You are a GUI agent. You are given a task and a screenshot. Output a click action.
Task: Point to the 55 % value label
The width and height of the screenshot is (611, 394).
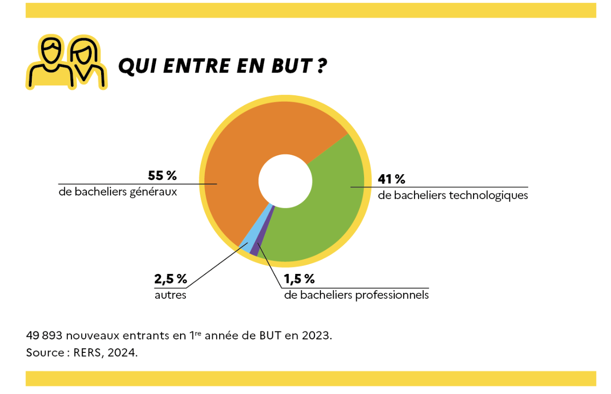pos(162,176)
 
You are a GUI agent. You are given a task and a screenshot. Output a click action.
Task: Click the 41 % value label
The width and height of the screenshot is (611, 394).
pos(391,180)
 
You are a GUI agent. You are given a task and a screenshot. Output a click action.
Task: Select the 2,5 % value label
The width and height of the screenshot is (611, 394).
pos(171,279)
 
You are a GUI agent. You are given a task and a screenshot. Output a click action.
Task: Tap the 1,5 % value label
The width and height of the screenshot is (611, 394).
pos(299,279)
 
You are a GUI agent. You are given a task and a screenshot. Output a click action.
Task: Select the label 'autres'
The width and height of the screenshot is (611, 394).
pos(171,295)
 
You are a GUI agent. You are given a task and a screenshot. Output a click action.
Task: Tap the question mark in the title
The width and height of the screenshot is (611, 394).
pos(321,66)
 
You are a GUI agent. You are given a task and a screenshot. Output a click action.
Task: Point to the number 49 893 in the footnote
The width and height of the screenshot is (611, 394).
pos(44,335)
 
